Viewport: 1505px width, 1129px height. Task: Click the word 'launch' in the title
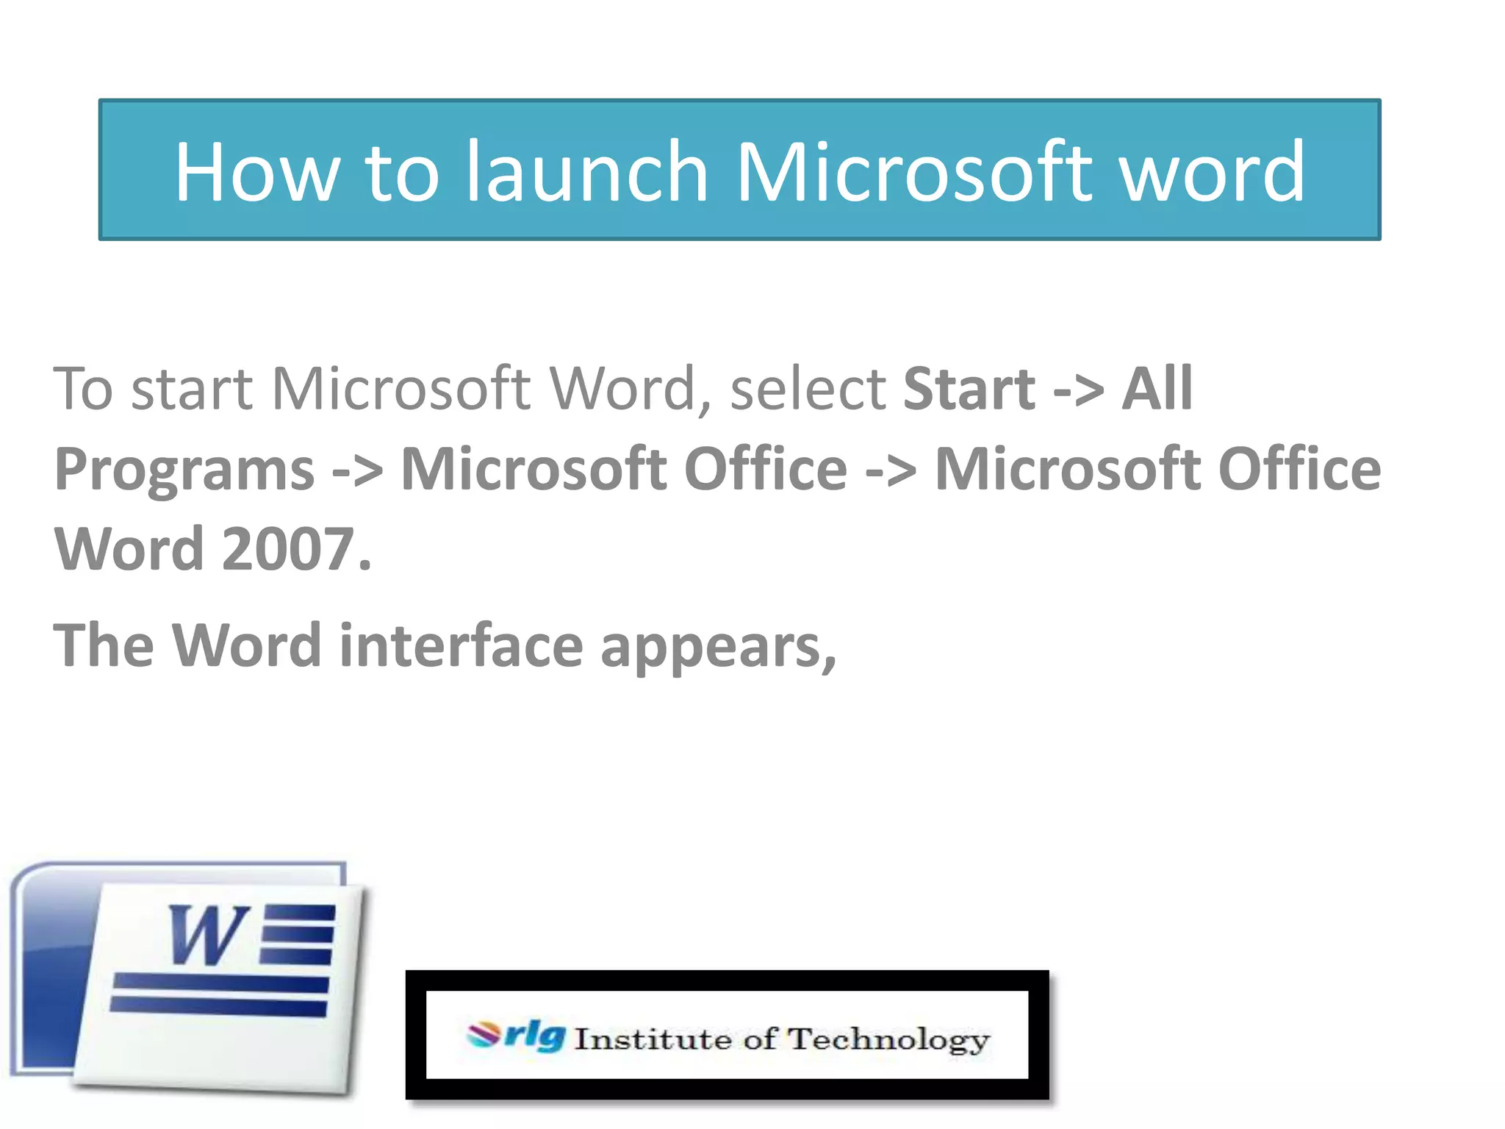pos(587,172)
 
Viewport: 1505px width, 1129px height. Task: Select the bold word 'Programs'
pos(184,470)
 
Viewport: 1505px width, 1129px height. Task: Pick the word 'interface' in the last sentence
pos(461,645)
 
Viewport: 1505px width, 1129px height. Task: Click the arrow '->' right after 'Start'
pos(1078,390)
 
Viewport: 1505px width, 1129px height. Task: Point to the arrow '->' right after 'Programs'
pos(357,470)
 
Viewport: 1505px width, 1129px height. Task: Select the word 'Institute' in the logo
pos(653,1039)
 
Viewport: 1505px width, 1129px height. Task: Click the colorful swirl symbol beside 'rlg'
pos(484,1035)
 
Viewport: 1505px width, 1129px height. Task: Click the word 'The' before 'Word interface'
pos(104,645)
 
